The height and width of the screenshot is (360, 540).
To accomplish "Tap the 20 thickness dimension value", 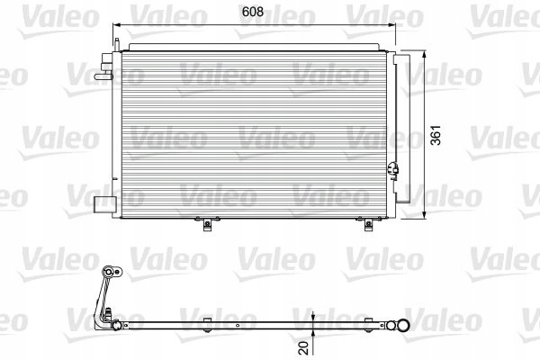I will (x=306, y=344).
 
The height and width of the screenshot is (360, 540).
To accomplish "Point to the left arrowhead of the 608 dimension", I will (x=117, y=27).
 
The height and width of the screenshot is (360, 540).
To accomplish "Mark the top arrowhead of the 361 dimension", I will (x=425, y=52).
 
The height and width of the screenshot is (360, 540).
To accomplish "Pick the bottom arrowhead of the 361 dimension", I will (x=425, y=216).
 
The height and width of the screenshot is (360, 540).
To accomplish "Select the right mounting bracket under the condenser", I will (x=366, y=224).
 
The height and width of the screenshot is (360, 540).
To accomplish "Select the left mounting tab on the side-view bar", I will (x=206, y=320).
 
